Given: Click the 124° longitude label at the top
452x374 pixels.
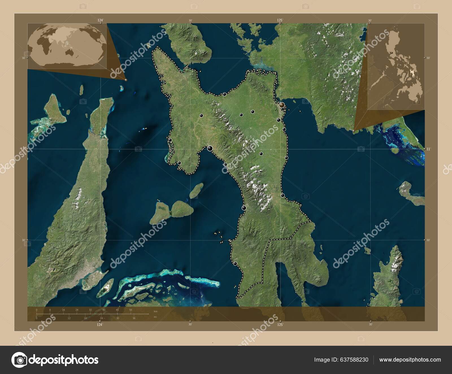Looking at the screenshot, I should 100,20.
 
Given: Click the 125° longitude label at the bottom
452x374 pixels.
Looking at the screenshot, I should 280,325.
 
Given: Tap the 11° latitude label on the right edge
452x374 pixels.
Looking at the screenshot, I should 428,149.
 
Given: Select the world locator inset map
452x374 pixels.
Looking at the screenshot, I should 67,45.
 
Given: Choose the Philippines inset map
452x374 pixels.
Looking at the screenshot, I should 395,66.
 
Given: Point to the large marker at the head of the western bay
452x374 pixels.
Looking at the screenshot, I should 210,148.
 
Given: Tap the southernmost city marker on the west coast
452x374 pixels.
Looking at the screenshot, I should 235,264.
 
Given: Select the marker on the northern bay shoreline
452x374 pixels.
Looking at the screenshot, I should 224,94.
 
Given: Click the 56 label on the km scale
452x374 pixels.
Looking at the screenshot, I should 131,310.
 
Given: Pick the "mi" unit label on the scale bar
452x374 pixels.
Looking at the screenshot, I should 155,317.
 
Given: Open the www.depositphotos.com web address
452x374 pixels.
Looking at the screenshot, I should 410,360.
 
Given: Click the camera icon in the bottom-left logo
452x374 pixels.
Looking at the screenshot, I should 19,360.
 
